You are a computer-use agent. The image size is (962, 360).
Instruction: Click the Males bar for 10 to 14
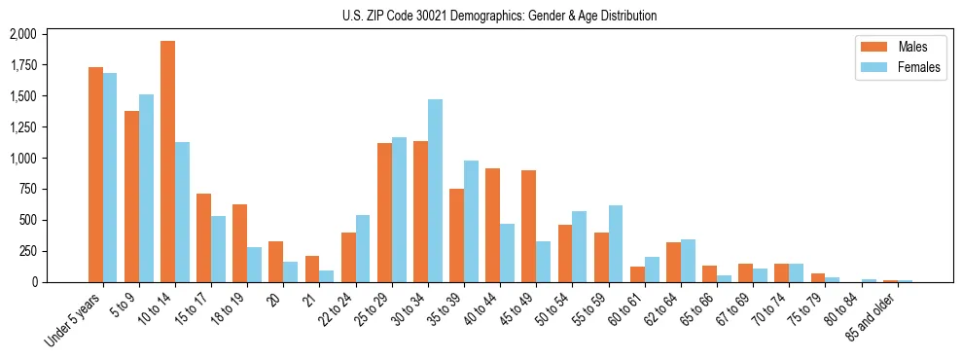(x=168, y=162)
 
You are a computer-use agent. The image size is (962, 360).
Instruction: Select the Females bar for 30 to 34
(x=435, y=191)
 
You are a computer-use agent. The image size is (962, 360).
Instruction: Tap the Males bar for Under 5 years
(x=95, y=174)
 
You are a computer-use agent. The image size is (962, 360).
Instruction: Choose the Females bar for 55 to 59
(x=616, y=243)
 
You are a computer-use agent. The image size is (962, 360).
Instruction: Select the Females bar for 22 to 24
(x=363, y=248)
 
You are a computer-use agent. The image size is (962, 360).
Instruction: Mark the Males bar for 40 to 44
(x=493, y=225)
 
